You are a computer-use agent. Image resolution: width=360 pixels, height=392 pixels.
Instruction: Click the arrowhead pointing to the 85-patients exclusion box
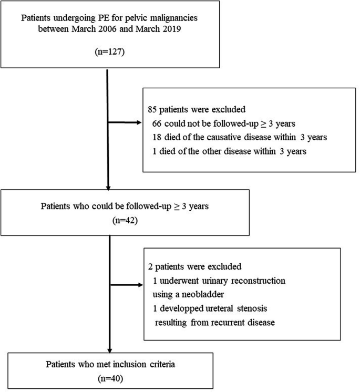pos(139,125)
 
